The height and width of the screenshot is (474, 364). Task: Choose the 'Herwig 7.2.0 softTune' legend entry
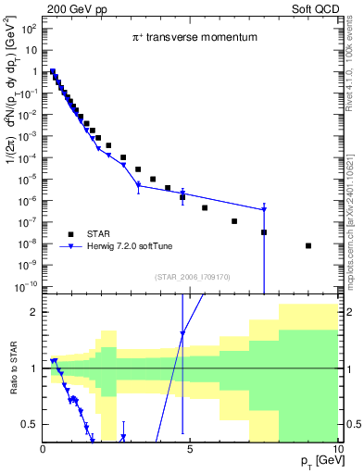click(139, 246)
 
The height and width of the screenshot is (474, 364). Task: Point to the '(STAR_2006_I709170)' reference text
click(191, 275)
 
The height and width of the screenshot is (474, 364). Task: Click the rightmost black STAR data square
click(308, 245)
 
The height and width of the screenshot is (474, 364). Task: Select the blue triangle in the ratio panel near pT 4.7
click(182, 333)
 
